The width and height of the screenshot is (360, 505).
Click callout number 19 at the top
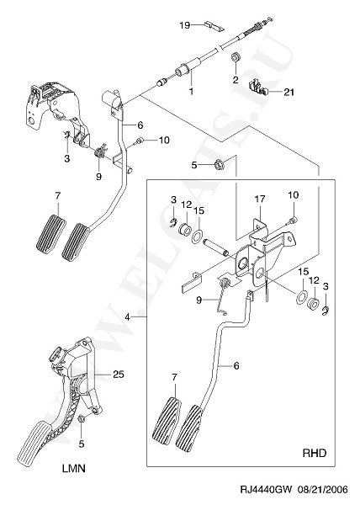[185, 25]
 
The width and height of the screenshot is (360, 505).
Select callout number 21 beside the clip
[289, 92]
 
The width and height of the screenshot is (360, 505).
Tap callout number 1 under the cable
[191, 91]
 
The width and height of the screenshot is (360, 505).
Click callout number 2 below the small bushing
[236, 80]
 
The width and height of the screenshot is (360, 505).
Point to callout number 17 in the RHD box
[260, 199]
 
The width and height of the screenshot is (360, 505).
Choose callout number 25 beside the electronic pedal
[118, 375]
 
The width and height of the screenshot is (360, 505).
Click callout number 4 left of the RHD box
[128, 317]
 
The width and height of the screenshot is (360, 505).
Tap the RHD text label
[315, 453]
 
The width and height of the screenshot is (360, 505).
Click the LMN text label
[74, 468]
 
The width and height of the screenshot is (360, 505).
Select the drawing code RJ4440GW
[266, 490]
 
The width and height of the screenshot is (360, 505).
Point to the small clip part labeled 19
[214, 26]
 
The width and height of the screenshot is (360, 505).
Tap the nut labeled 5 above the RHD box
[220, 165]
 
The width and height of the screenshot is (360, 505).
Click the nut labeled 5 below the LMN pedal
[82, 419]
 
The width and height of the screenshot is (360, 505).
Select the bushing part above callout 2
[236, 58]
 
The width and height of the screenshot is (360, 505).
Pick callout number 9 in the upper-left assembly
[98, 176]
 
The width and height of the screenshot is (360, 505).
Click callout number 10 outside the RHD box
[164, 140]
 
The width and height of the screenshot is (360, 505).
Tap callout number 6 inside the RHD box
[236, 366]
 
